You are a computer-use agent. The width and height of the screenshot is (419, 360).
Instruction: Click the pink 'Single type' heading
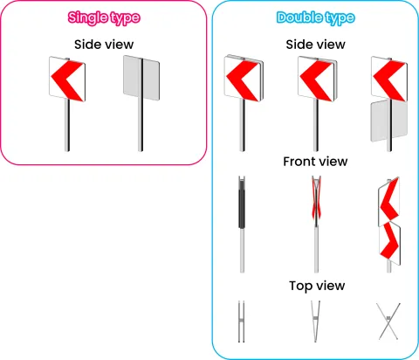click(x=104, y=18)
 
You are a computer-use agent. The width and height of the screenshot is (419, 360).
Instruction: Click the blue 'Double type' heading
click(x=315, y=18)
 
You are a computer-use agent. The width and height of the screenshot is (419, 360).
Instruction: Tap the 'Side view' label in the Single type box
click(x=104, y=45)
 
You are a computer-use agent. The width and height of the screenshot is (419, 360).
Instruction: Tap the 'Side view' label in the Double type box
click(x=315, y=45)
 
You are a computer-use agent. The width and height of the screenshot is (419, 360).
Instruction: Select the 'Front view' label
click(x=315, y=162)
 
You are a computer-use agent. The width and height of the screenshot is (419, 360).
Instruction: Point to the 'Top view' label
click(x=317, y=286)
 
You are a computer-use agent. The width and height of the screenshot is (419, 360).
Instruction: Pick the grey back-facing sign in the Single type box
click(x=141, y=78)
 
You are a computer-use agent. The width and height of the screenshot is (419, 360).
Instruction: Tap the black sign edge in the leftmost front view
click(x=242, y=209)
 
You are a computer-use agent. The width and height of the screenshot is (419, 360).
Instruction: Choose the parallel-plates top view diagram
click(x=241, y=322)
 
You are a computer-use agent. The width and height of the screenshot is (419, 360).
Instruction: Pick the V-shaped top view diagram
click(x=316, y=322)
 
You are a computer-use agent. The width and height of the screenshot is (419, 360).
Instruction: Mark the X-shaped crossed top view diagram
click(x=388, y=322)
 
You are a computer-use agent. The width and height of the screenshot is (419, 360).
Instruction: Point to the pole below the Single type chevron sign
click(x=67, y=125)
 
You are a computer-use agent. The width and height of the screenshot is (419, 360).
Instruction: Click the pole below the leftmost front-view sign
click(x=242, y=250)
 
